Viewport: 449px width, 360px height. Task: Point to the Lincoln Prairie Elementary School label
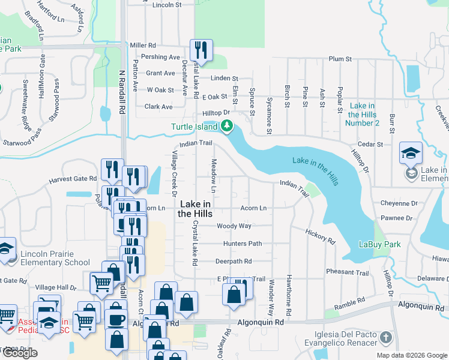click(55, 258)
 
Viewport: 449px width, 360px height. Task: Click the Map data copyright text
click(411, 355)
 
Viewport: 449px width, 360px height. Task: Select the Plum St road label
click(340, 59)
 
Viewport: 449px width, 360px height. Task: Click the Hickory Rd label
click(320, 236)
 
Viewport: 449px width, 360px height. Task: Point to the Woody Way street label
click(234, 226)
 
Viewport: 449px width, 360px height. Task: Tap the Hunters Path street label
click(243, 244)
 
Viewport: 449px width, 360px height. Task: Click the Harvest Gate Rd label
click(73, 179)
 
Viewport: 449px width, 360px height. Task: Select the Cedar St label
click(370, 145)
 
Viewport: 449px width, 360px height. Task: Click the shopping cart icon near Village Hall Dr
click(101, 282)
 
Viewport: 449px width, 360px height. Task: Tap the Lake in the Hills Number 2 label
click(362, 114)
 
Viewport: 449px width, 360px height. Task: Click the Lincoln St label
click(167, 5)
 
